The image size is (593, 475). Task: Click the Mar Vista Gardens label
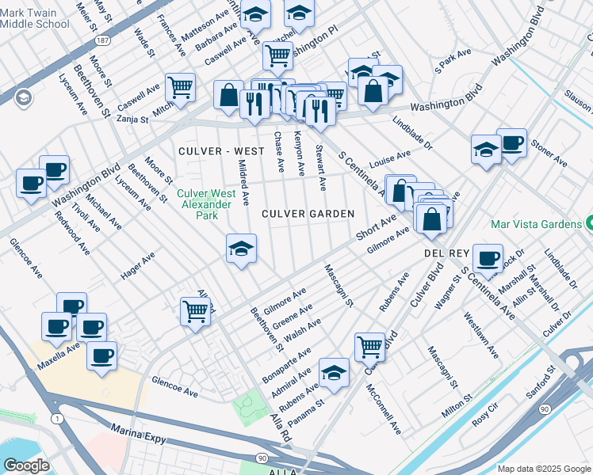coord(536,224)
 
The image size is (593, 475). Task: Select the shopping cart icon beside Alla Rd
coord(195,311)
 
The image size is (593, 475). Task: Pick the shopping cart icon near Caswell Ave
coord(181,87)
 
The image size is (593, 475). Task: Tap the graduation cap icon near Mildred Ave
coord(241,249)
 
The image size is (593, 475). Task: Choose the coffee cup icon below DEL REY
coord(488,256)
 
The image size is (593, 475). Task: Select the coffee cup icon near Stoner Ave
coord(511,143)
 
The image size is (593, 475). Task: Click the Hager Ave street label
coord(139,268)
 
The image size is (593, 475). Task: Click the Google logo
coord(26,465)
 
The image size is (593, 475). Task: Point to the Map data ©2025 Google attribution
coord(543,469)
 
